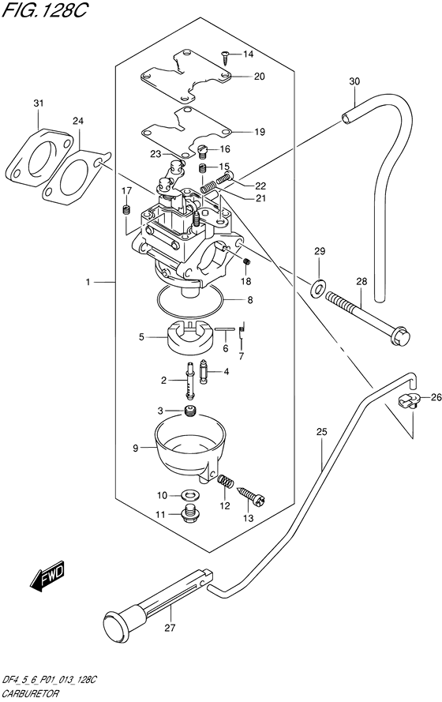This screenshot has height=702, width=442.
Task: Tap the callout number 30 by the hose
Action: [354, 81]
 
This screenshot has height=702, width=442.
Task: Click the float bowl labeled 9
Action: [189, 446]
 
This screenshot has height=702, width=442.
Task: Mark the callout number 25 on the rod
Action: [320, 432]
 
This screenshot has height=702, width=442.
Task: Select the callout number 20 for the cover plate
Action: [260, 77]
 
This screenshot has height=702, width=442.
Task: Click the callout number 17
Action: [125, 190]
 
